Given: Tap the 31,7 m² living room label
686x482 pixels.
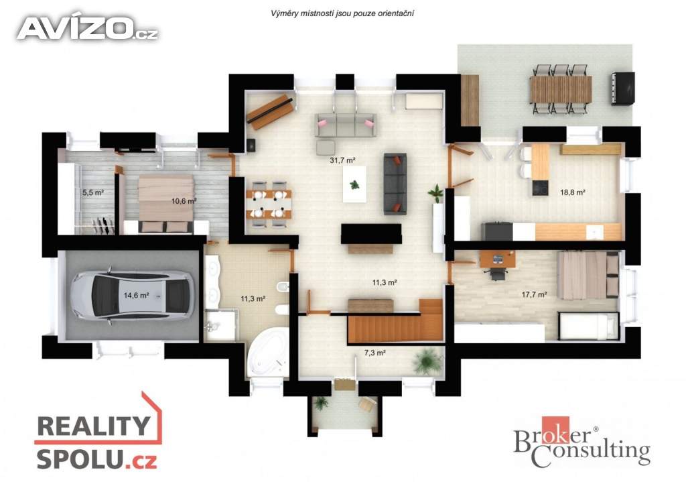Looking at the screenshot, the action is click(x=342, y=161).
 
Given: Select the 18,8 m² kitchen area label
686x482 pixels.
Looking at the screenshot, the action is click(x=573, y=192).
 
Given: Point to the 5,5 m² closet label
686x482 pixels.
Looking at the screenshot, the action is click(x=92, y=192).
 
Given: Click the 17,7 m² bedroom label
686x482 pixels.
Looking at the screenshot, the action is click(x=534, y=294).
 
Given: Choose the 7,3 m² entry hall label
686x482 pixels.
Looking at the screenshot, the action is click(x=375, y=353).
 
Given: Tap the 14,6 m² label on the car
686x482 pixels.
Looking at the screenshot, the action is click(x=136, y=296).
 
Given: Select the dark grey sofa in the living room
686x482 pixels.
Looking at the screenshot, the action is click(x=395, y=184).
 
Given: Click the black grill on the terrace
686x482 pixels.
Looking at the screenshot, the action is click(x=622, y=88).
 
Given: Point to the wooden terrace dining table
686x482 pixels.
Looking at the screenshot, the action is click(x=561, y=89).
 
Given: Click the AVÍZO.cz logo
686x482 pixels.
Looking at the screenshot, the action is click(x=87, y=29).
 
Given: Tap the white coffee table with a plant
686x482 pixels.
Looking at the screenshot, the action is click(x=354, y=185).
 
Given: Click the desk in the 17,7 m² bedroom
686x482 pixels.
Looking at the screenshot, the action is click(x=498, y=259).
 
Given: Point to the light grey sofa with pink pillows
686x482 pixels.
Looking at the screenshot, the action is click(x=346, y=125).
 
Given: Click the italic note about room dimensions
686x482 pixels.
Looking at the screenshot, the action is click(x=342, y=13).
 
